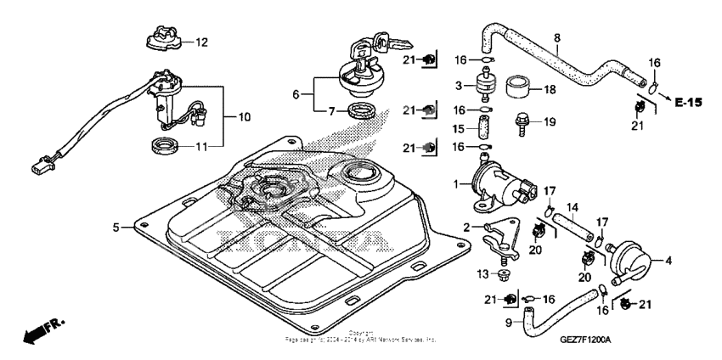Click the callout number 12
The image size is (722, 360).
pyautogui.click(x=201, y=42)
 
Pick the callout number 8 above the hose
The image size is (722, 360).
pyautogui.click(x=556, y=37)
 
